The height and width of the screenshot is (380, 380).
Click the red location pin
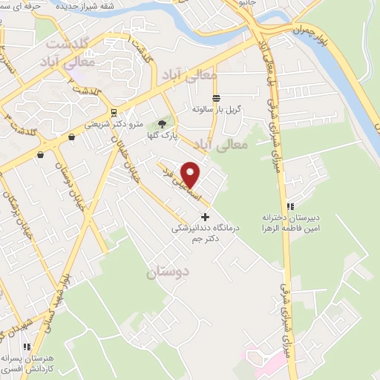pyautogui.click(x=191, y=174)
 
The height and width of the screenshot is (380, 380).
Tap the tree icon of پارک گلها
pyautogui.click(x=162, y=125)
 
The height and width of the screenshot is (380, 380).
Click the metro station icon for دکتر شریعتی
pyautogui.click(x=113, y=113)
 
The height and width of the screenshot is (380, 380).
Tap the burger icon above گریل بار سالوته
pyautogui.click(x=216, y=98)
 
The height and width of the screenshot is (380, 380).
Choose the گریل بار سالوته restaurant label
pyautogui.click(x=211, y=109)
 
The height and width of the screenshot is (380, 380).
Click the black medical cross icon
pyautogui.click(x=206, y=217)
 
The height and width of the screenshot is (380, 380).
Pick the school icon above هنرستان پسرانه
pyautogui.click(x=27, y=346)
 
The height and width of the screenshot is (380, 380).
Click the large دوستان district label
pyautogui.click(x=168, y=272)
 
